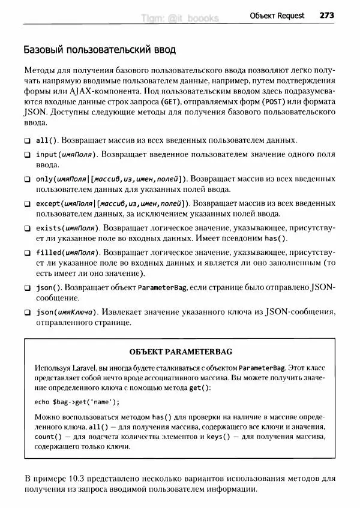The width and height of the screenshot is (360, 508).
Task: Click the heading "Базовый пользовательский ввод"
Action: pyautogui.click(x=99, y=48)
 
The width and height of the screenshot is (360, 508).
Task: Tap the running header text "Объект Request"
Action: pyautogui.click(x=277, y=15)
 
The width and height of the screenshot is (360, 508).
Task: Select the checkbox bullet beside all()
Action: pyautogui.click(x=28, y=140)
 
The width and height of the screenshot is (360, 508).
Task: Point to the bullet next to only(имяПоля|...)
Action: pyautogui.click(x=28, y=179)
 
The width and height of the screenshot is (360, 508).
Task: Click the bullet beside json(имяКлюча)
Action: pyautogui.click(x=28, y=312)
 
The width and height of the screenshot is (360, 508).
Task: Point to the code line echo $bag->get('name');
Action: pyautogui.click(x=77, y=402)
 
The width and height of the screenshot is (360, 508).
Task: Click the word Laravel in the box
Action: pyautogui.click(x=88, y=366)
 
